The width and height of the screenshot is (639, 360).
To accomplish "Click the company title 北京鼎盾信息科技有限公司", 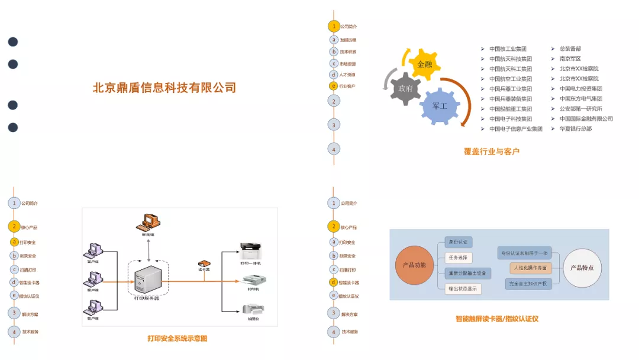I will click(x=164, y=88).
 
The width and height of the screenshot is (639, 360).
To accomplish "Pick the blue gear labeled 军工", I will click(x=440, y=105).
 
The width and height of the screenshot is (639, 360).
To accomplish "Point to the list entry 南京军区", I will click(x=570, y=59).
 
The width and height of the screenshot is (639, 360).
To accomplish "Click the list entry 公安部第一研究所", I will click(x=580, y=108).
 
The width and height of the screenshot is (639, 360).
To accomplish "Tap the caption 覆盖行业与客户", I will click(x=491, y=152).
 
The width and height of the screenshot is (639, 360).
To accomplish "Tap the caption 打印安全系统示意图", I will click(x=177, y=339).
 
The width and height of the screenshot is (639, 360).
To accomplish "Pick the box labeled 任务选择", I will click(x=458, y=258).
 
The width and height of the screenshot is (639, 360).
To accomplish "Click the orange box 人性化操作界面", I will click(x=530, y=268).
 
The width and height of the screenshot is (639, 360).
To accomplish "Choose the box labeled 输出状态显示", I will click(x=462, y=289).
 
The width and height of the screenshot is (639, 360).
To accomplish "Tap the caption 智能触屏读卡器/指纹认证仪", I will click(x=496, y=319).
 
